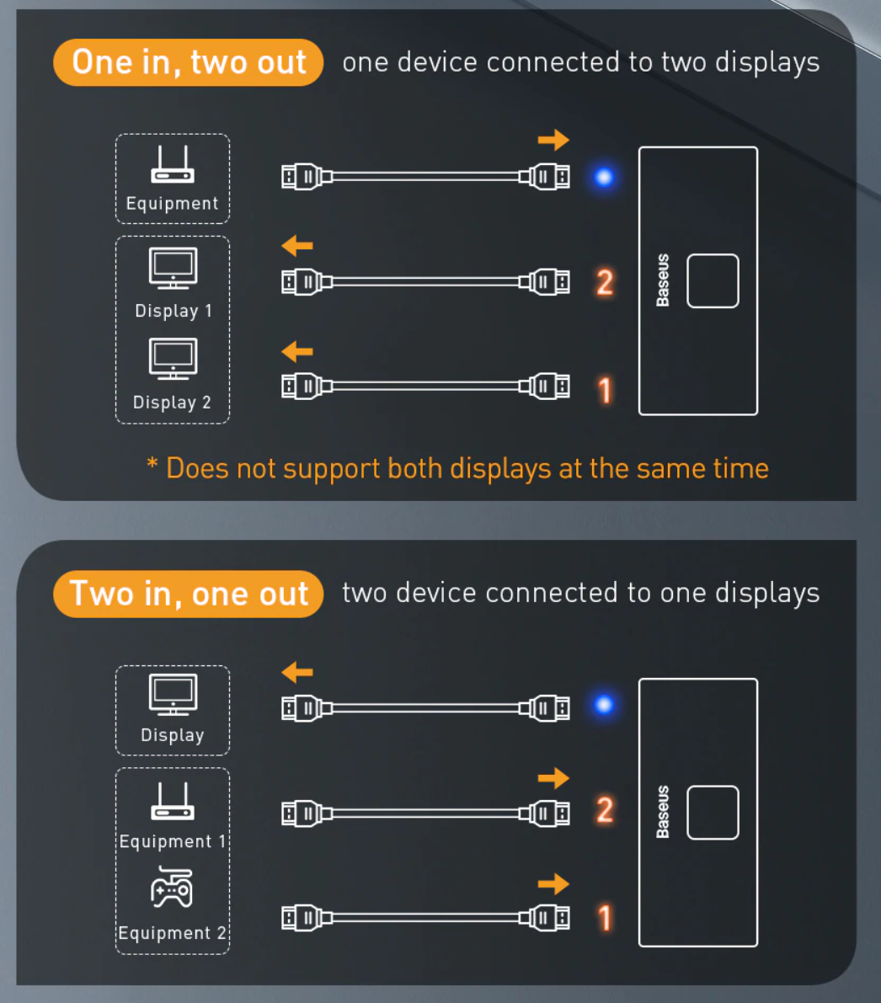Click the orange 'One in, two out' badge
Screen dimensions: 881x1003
click(x=188, y=62)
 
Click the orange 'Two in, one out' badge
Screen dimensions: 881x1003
click(x=188, y=594)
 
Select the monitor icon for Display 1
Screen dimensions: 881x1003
click(x=173, y=269)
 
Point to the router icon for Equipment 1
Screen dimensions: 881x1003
click(x=173, y=802)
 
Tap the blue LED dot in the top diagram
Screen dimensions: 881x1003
click(x=603, y=177)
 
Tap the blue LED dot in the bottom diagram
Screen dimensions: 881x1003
click(x=603, y=705)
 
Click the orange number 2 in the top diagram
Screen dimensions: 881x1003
click(x=604, y=283)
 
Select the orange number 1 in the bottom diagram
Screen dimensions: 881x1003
click(x=604, y=918)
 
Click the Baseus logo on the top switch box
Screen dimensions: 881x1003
click(x=663, y=280)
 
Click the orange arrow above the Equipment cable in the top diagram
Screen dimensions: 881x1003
click(x=553, y=140)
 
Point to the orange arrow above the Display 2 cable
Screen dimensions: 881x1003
click(x=297, y=351)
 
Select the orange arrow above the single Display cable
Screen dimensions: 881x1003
click(x=297, y=672)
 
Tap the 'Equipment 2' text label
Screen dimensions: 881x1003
click(x=172, y=933)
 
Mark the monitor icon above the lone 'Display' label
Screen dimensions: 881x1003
click(x=173, y=695)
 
